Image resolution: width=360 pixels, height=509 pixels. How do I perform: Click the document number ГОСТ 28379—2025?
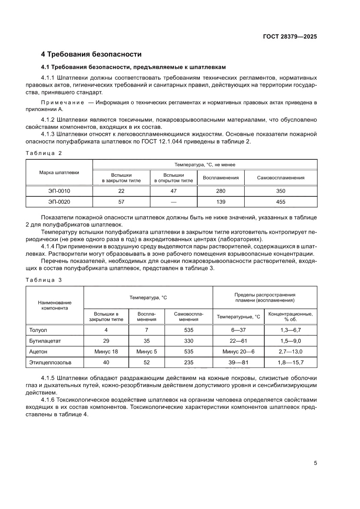point(290,37)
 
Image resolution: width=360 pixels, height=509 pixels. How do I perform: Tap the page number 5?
point(315,463)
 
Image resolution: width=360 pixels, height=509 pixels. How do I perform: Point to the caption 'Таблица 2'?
point(44,153)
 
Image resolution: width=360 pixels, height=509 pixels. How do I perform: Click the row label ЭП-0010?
point(59,191)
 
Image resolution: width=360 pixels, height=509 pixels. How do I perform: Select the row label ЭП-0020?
point(59,202)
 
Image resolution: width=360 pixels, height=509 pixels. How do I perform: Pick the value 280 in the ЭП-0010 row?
point(221,191)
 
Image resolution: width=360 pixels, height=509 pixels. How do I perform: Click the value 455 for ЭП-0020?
point(280,202)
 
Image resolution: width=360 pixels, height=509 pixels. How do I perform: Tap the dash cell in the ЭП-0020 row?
point(174,202)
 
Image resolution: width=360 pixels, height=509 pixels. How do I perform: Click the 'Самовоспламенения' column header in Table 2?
point(280,178)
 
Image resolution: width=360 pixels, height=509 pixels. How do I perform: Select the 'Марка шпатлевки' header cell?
point(59,172)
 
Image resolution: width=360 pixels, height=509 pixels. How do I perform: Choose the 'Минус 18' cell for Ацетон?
point(106,351)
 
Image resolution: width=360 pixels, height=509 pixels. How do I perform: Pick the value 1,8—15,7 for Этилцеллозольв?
point(291,362)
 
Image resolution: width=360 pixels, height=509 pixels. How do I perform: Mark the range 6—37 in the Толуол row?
point(238,330)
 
